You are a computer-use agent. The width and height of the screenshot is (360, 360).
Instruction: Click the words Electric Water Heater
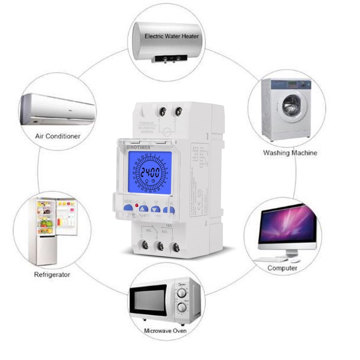click(171, 36)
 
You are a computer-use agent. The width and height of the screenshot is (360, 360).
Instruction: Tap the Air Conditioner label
click(58, 136)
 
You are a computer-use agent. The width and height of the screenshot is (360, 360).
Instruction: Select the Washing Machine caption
click(290, 153)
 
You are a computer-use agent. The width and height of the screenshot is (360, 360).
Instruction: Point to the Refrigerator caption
click(52, 274)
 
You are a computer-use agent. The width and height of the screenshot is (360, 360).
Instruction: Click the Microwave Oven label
click(165, 331)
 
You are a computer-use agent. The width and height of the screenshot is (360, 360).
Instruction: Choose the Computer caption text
click(282, 268)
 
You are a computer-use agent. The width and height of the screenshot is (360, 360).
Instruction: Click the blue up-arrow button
click(143, 210)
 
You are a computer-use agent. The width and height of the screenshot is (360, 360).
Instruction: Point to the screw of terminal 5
click(145, 245)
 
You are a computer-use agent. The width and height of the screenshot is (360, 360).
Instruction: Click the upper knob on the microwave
click(182, 293)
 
